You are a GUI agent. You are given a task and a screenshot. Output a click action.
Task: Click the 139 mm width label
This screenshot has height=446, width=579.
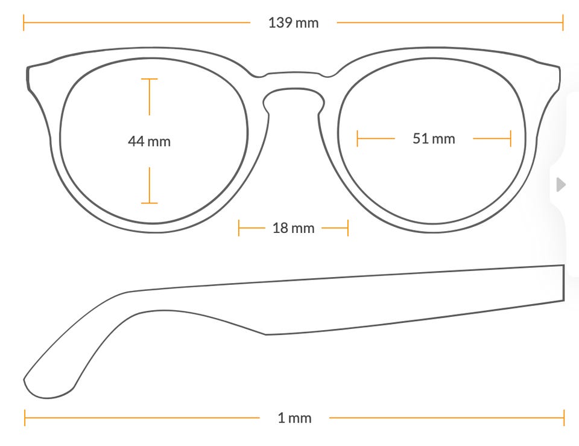(x=293, y=23)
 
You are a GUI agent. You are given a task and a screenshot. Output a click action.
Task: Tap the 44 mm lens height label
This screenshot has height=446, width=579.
(x=149, y=141)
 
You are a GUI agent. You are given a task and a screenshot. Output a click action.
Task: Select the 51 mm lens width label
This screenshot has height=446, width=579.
(x=434, y=139)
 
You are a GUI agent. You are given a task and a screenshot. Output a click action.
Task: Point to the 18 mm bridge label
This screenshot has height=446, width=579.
(x=293, y=228)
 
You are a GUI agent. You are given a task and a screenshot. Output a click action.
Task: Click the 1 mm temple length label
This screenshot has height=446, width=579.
(x=294, y=418)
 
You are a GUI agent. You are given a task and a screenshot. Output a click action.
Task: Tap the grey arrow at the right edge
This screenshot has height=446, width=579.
(x=561, y=185)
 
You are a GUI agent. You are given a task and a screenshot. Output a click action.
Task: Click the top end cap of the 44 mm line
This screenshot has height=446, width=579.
(x=149, y=78)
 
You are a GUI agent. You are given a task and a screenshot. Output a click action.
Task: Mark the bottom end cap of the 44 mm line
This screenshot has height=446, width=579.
(x=149, y=203)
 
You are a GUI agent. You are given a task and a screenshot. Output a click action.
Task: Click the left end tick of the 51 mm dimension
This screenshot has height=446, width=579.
(x=357, y=139)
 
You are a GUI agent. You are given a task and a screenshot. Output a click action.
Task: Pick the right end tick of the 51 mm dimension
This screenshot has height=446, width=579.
(x=511, y=139)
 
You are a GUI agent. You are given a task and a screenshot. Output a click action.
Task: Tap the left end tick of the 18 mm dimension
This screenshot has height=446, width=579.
(x=239, y=228)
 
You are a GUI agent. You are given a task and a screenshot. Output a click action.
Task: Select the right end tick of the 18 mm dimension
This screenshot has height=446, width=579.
(x=348, y=228)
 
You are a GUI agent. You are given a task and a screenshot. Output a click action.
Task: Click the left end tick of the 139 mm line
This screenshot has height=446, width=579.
(x=24, y=22)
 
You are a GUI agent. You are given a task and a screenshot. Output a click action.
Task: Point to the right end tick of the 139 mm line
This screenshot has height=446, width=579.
(x=563, y=22)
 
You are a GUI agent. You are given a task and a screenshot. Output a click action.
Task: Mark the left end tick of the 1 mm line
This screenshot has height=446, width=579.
(x=25, y=418)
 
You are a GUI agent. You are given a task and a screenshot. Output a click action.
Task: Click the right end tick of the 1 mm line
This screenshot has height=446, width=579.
(x=565, y=418)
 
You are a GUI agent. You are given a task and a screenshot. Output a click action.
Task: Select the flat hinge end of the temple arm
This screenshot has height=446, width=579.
(x=564, y=283)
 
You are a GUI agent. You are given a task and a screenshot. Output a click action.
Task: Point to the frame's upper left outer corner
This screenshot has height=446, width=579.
(x=28, y=68)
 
